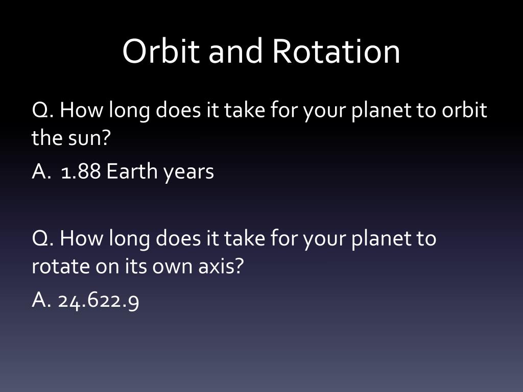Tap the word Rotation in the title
(x=336, y=51)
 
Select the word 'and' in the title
(x=235, y=51)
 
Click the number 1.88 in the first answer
(x=81, y=171)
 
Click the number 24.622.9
(x=99, y=301)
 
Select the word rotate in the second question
(x=61, y=266)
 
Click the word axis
(x=221, y=266)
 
